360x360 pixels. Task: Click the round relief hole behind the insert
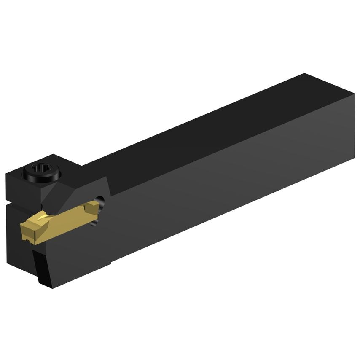99,201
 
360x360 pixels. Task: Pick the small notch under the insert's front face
30,241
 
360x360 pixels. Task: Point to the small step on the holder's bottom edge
110,264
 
